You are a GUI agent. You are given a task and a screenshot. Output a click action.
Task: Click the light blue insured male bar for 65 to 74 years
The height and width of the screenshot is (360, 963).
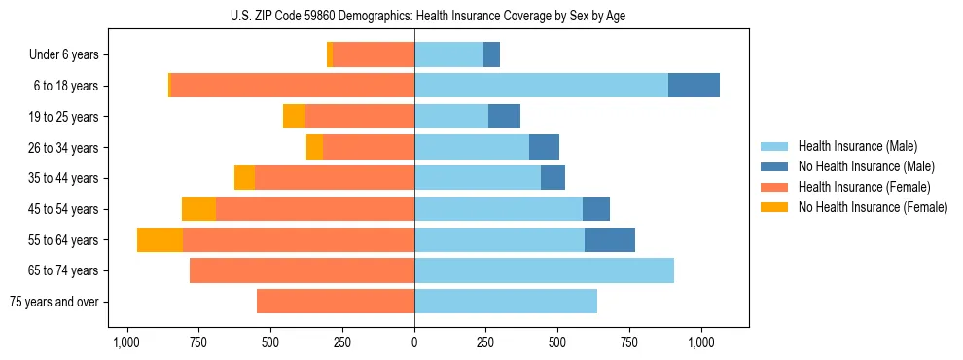544,270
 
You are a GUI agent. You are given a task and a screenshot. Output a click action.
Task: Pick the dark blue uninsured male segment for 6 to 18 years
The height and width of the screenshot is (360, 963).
694,86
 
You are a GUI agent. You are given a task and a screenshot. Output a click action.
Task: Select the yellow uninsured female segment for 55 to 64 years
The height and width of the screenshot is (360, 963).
160,240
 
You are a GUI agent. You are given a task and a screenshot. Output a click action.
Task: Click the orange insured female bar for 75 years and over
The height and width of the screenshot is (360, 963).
336,302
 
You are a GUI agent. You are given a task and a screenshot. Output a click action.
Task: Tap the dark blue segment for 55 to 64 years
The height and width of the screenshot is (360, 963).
610,240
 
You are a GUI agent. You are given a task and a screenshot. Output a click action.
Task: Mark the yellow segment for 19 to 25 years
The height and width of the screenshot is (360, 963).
294,117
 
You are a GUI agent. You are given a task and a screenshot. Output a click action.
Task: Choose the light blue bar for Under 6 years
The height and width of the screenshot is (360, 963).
448,55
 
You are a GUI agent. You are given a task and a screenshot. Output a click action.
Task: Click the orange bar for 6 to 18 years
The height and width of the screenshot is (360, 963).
292,86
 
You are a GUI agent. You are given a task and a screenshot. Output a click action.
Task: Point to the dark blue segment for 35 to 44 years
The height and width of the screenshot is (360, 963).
553,178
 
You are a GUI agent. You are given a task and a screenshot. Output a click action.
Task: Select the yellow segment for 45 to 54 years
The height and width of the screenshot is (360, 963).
198,209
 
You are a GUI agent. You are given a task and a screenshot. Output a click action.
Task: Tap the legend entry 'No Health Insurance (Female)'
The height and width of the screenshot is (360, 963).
873,207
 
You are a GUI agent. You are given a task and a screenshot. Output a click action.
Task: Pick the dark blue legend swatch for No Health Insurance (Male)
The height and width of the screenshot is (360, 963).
774,166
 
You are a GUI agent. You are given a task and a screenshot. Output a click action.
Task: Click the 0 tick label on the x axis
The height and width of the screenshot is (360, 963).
414,343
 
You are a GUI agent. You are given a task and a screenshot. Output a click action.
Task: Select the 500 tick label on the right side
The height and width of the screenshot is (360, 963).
557,343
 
